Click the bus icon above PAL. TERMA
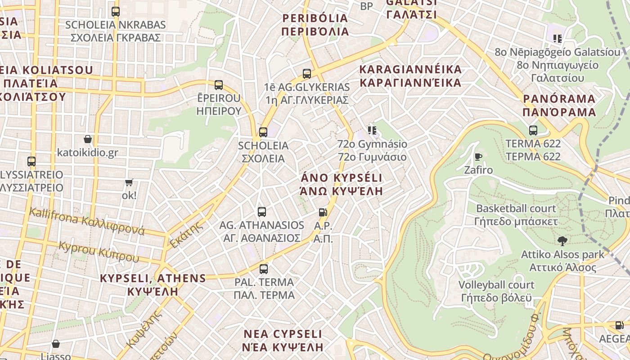(x=264, y=269)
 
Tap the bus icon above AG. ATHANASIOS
(x=262, y=212)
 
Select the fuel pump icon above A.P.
(x=323, y=212)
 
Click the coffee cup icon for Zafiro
(x=478, y=157)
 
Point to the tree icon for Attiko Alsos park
(x=562, y=241)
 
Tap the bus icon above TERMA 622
(x=533, y=130)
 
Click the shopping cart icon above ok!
(x=129, y=182)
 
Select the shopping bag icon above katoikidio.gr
(x=88, y=139)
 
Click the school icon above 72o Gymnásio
(x=372, y=130)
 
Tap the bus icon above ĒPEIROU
(x=219, y=85)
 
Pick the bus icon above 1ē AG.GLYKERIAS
(x=307, y=73)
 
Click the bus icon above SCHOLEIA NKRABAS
(x=116, y=12)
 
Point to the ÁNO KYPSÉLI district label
(x=341, y=184)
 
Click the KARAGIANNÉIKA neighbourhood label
(x=410, y=76)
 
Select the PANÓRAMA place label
(x=559, y=105)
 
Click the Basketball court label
(x=516, y=215)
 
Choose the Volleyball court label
(x=496, y=291)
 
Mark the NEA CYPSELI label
(x=283, y=341)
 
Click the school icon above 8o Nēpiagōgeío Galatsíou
(x=558, y=39)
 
